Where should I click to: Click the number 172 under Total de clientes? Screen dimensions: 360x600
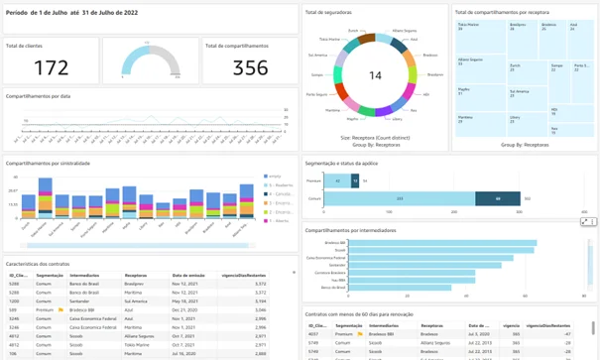coord(52,67)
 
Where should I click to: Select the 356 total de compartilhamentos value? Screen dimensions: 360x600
coord(250,67)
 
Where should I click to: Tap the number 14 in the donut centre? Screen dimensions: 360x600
coord(375,75)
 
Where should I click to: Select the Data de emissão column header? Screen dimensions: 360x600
coord(189,275)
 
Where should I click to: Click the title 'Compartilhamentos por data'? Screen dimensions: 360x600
coord(38,95)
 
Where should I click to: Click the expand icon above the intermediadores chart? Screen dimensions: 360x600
coord(585,221)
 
